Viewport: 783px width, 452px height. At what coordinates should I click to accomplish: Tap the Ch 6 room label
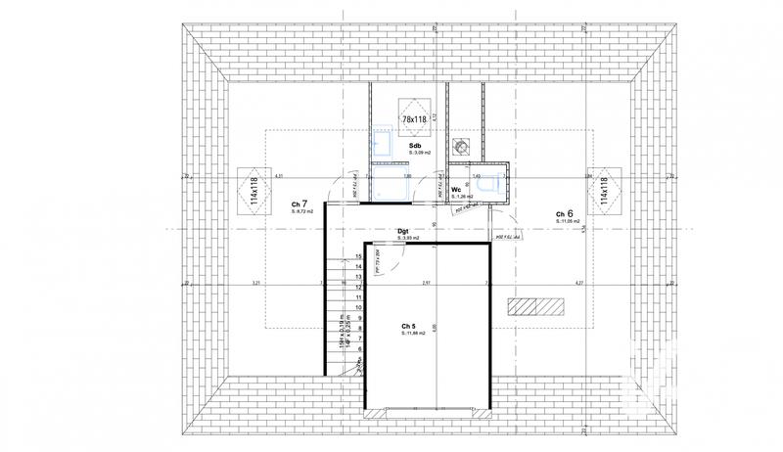[565, 212]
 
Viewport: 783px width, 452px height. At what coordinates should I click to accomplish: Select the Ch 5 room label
[409, 326]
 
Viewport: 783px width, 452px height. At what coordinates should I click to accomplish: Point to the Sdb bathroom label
[415, 144]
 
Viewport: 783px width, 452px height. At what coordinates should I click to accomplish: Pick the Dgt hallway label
[402, 232]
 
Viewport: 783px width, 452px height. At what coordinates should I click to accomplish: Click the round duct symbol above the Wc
[461, 147]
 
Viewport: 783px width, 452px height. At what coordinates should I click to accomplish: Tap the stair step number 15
[359, 256]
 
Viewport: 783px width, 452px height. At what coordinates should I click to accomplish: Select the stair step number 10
[359, 307]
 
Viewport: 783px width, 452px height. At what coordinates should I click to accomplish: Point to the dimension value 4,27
[579, 284]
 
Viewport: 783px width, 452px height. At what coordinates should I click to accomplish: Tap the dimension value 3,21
[255, 284]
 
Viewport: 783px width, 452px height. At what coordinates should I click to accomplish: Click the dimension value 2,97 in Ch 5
[426, 284]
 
